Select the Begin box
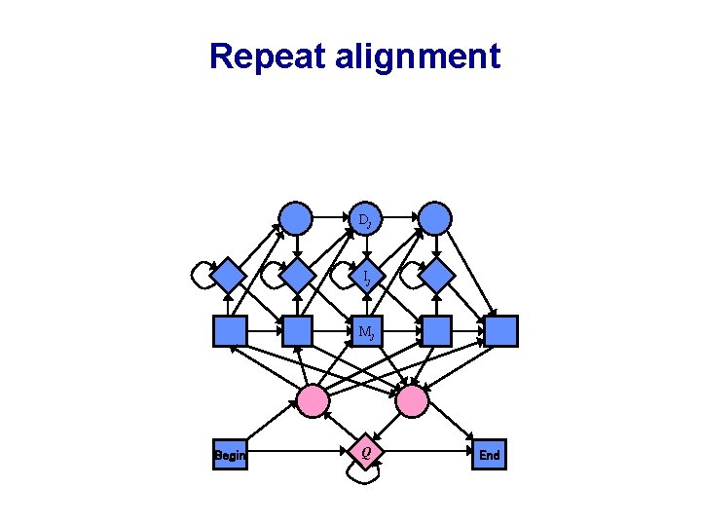click(230, 455)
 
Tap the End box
click(489, 455)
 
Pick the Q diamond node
click(365, 452)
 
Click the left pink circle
click(313, 399)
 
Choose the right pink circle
click(412, 399)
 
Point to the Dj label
click(364, 220)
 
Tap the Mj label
click(366, 332)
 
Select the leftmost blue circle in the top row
click(296, 217)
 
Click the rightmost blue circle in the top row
click(435, 217)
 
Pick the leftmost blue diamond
click(229, 276)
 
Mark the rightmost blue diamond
click(437, 276)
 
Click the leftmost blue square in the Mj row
click(230, 332)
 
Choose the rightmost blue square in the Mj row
click(501, 332)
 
